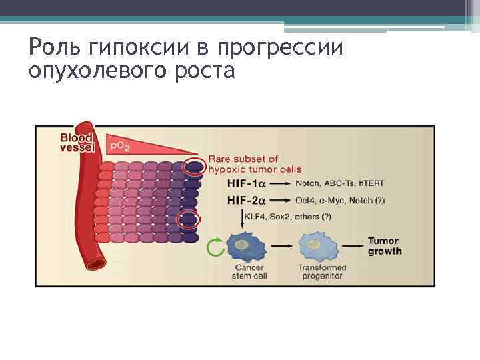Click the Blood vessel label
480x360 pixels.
tap(76, 141)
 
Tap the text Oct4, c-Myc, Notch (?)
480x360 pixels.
tap(339, 200)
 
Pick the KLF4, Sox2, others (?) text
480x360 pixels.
tap(288, 217)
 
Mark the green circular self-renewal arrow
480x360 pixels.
tap(215, 247)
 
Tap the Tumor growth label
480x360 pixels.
tap(385, 246)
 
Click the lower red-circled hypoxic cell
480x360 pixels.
tap(189, 219)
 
